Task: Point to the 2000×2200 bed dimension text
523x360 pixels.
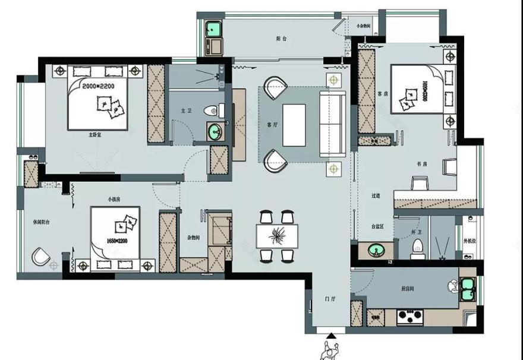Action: pyautogui.click(x=98, y=86)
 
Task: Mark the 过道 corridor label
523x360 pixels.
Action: pyautogui.click(x=376, y=195)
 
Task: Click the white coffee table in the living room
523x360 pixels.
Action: pyautogui.click(x=294, y=125)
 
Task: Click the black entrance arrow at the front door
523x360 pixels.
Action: pyautogui.click(x=330, y=337)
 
